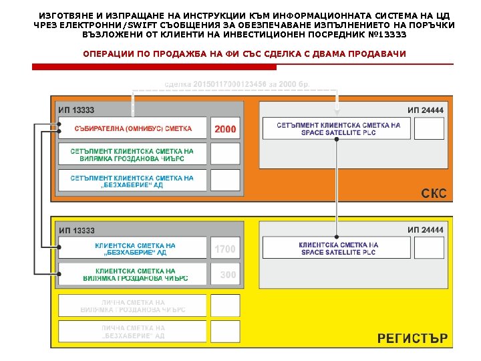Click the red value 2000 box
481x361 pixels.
coord(225,128)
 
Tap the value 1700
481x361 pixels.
coord(225,249)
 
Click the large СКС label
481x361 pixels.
coord(434,194)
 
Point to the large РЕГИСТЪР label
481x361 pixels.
coord(412,338)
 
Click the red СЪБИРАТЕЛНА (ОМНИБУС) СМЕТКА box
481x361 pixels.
coord(133,128)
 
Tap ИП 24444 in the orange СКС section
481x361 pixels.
coord(426,110)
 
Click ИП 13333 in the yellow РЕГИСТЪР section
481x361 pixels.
coord(76,231)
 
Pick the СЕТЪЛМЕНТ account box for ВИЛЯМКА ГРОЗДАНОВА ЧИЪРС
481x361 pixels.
coord(132,155)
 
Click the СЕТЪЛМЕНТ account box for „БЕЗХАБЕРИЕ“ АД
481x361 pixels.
coord(132,181)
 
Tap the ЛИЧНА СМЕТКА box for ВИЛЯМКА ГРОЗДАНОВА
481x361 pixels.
coord(132,306)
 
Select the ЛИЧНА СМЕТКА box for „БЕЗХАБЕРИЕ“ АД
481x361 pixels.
coord(132,332)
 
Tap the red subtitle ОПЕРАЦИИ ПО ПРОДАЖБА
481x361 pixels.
coord(244,53)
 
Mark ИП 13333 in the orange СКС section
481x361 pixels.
coord(76,110)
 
